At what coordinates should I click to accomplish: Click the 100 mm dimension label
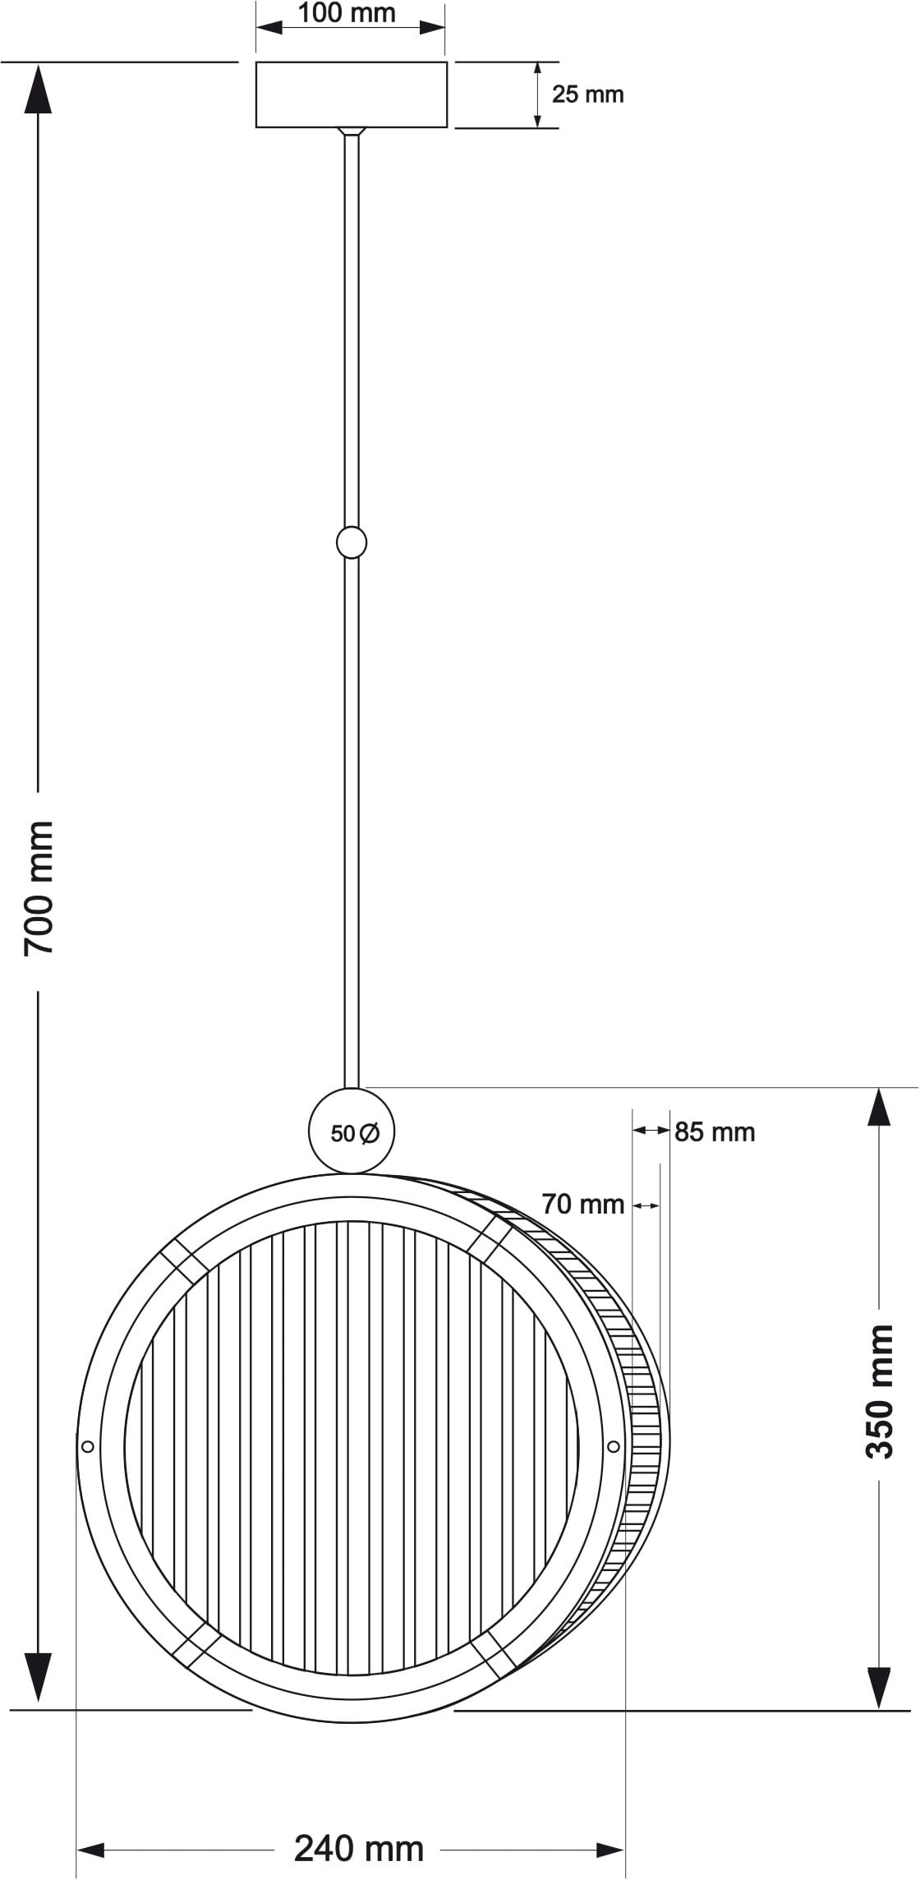(x=346, y=13)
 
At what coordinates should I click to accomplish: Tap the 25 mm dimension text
(x=587, y=94)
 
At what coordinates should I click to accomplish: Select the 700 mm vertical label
(x=39, y=887)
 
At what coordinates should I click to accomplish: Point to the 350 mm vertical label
(x=880, y=1391)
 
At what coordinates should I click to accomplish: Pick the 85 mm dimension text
(x=715, y=1132)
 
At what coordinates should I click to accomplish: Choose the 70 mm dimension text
(x=583, y=1205)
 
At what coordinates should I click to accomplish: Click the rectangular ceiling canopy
(x=352, y=94)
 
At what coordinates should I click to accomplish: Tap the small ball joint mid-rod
(x=352, y=542)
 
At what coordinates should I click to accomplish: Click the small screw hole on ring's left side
(x=89, y=1446)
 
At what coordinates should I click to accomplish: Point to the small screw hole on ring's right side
(x=613, y=1446)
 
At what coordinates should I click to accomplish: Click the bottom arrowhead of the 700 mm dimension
(x=38, y=1676)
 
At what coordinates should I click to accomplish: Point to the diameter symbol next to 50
(x=370, y=1133)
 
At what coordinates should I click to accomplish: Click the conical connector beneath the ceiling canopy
(x=352, y=131)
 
